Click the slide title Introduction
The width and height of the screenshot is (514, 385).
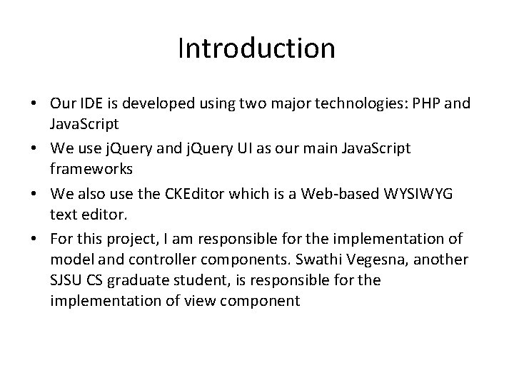(256, 48)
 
